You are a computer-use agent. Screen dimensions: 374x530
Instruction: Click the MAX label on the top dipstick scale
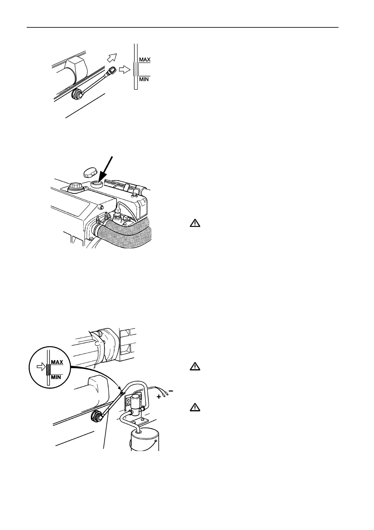tap(145, 59)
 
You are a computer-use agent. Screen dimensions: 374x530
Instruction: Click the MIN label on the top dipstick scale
tap(144, 79)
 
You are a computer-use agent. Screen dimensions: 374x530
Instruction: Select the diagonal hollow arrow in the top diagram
tap(111, 58)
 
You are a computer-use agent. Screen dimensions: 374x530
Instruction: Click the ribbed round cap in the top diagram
tap(77, 94)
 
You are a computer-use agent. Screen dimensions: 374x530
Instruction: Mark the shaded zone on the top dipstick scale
tap(136, 70)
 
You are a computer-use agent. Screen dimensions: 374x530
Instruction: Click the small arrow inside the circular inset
tap(41, 367)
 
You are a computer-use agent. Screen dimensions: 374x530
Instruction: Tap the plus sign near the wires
tap(159, 397)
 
